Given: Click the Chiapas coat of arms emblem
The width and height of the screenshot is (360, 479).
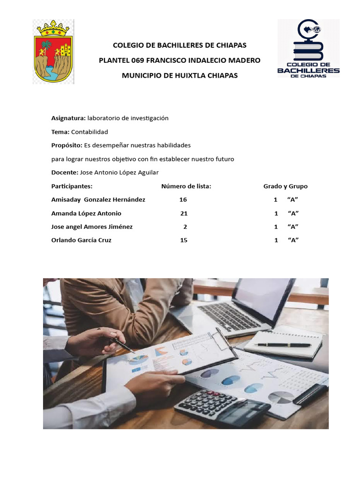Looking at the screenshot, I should click(x=53, y=51).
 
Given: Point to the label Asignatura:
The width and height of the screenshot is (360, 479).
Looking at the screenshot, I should click(x=68, y=118).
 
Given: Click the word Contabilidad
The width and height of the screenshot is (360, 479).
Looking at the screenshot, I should click(x=90, y=132).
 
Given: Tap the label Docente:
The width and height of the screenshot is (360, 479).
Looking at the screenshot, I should click(x=65, y=173).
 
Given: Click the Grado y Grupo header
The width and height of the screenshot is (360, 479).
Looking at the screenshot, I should click(x=285, y=186).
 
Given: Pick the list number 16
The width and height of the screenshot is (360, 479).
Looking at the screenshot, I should click(x=183, y=200).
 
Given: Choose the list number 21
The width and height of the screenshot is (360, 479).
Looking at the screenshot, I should click(x=184, y=213).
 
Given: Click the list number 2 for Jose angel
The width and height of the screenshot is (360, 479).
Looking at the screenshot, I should click(x=185, y=227).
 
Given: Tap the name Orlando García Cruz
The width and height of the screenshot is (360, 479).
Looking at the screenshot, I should click(x=81, y=240).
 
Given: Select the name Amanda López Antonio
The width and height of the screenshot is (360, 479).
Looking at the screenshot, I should click(x=86, y=213).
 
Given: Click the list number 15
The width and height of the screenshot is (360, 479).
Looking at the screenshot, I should click(x=184, y=240).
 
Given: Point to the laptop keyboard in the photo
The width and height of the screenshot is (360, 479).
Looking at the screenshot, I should click(x=230, y=315).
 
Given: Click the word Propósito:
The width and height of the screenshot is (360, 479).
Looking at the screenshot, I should click(x=67, y=145).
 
